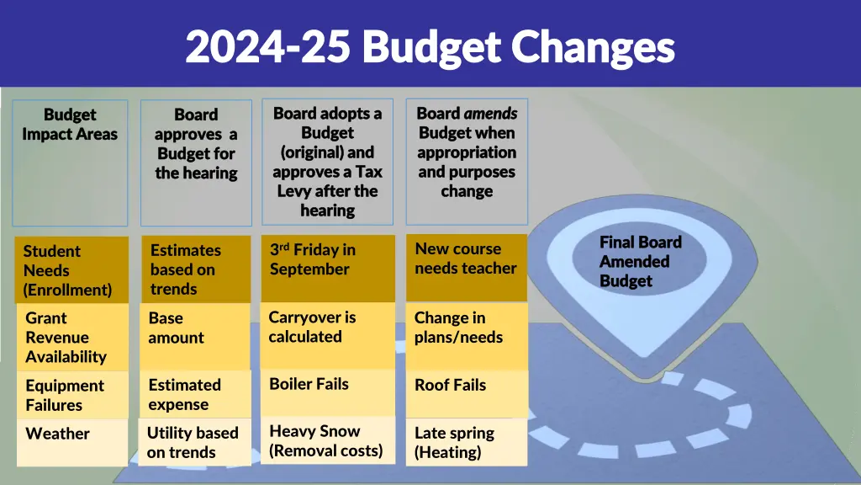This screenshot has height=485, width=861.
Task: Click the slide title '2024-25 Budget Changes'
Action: pos(430,46)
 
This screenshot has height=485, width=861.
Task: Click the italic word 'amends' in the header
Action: pos(490,113)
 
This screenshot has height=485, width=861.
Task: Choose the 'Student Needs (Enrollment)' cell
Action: pos(71,270)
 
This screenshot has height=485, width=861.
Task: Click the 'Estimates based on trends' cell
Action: pos(195,269)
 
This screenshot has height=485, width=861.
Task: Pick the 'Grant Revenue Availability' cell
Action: pos(71,337)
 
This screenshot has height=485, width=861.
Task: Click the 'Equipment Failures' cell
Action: pos(71,395)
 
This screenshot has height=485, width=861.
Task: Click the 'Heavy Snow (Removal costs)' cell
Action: pos(327,441)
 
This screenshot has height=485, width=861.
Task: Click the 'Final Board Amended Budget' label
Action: pos(640,262)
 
